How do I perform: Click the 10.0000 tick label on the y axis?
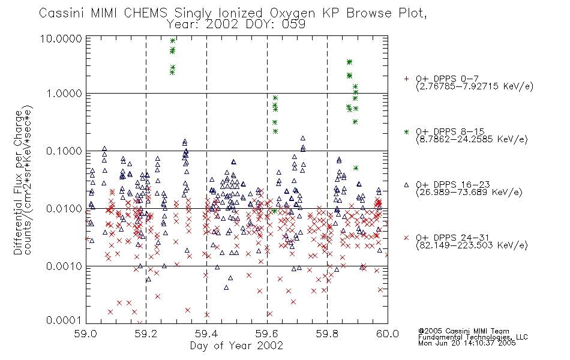(61, 38)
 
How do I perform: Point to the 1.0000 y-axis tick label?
(64, 94)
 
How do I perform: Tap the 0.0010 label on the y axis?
(64, 266)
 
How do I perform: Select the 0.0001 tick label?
(64, 320)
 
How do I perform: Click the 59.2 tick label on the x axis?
(146, 334)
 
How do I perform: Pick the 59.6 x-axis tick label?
(267, 334)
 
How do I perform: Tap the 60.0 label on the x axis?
(388, 334)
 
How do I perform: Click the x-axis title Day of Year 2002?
(236, 346)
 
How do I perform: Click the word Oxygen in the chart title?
(293, 13)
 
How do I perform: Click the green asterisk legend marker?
(406, 131)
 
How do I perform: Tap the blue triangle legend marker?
(406, 185)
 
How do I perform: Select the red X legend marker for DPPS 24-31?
(406, 238)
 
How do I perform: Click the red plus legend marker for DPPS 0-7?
(406, 79)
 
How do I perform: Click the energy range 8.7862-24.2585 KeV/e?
(472, 139)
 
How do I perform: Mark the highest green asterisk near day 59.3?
(173, 41)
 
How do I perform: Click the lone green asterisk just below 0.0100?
(274, 211)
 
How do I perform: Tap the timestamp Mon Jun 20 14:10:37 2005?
(467, 343)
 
